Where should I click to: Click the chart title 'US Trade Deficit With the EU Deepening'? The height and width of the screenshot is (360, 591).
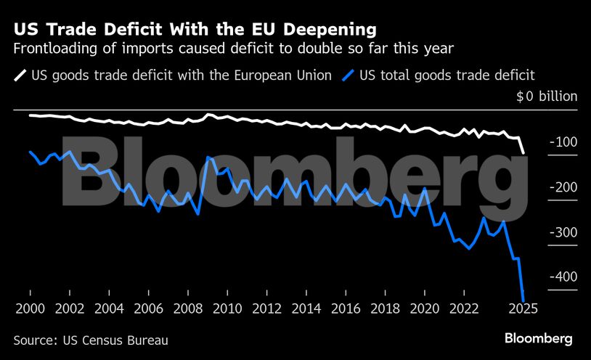195,30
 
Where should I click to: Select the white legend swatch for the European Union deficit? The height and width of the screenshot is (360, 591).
20,74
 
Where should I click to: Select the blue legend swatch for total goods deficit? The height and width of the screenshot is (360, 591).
351,74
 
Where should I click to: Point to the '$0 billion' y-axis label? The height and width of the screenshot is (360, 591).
547,97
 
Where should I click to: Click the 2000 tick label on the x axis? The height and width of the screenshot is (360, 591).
30,308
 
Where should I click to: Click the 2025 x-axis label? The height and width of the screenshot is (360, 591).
522,308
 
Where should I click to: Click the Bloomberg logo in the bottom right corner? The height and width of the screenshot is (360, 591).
539,339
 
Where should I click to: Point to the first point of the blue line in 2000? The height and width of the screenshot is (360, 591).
30,152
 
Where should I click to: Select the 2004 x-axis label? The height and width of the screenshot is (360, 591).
109,308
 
